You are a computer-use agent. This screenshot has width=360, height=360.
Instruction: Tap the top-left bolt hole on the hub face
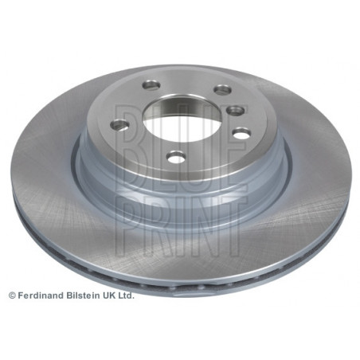(x=151, y=85)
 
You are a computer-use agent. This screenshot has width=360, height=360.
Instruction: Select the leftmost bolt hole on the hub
(x=119, y=125)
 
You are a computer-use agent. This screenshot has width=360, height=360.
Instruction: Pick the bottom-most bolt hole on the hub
(x=175, y=156)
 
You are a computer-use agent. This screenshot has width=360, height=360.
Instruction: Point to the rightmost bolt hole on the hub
(x=241, y=133)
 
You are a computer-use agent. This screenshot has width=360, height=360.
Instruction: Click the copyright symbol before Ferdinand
(x=12, y=295)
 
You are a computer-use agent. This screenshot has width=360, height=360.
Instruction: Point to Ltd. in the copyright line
(x=125, y=295)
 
